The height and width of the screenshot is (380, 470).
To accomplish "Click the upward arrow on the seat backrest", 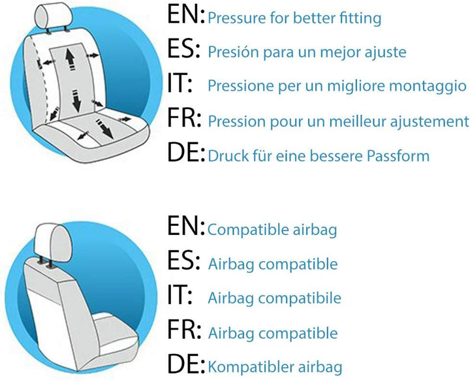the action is tap(70, 59).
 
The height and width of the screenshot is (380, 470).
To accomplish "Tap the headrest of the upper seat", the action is tap(54, 16).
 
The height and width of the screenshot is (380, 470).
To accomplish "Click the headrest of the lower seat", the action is tap(54, 242).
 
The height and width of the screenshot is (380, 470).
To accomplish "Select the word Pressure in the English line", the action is tap(237, 18).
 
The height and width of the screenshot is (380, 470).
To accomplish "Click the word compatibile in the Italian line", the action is tap(300, 298).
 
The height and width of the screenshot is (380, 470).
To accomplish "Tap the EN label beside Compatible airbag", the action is tap(186, 225).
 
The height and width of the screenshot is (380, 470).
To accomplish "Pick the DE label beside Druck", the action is tap(186, 152).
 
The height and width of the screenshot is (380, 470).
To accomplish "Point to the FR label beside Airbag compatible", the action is tap(183, 329).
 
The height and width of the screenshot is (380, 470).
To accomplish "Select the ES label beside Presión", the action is tap(183, 49).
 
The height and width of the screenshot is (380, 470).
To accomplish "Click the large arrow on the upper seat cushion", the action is tap(104, 129).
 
